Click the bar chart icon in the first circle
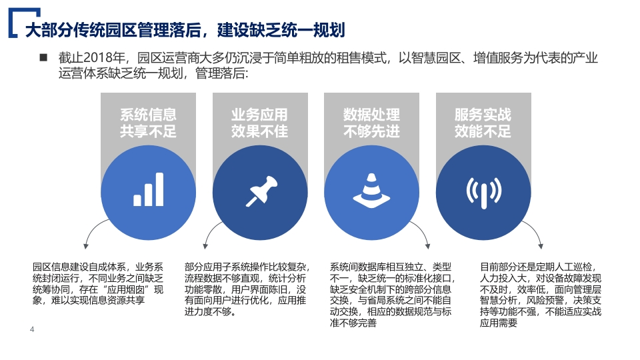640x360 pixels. point(148,189)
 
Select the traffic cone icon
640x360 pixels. point(371,190)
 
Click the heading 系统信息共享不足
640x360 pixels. point(148,123)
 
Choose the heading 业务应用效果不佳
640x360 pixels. point(259,123)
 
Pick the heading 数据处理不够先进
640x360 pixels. point(371,123)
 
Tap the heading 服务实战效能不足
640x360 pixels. point(483,123)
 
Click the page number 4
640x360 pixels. point(32,329)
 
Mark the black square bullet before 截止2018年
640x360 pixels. point(43,57)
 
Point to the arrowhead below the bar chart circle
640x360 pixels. point(86,246)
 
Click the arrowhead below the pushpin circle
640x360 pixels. point(205,246)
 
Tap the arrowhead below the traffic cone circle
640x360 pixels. point(428,246)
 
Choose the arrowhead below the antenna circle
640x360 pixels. point(541,246)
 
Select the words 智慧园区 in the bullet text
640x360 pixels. point(436,58)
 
